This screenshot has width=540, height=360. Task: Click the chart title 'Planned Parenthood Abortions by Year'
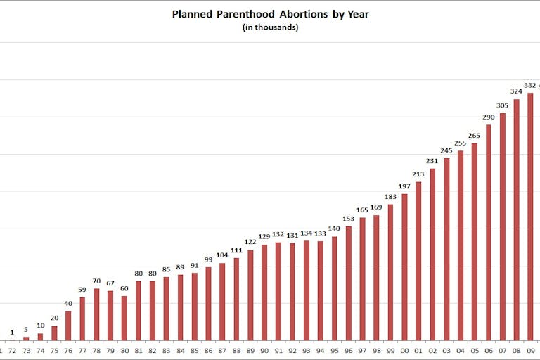coord(270,14)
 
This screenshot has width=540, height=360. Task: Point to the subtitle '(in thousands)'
coord(270,27)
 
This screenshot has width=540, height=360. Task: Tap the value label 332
coord(530,85)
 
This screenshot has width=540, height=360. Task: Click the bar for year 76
coord(68,326)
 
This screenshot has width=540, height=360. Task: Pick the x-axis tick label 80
coord(124,349)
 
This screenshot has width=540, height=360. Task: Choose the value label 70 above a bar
coord(96,281)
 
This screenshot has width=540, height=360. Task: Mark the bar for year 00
coord(404,267)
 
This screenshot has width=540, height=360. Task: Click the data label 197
coord(404,186)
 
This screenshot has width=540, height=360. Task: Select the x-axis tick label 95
coord(335,349)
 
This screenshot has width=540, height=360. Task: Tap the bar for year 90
coord(264,292)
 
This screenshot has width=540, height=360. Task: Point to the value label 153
coord(349,219)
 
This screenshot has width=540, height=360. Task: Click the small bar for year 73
coord(26,338)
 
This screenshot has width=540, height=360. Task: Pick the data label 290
coord(489,117)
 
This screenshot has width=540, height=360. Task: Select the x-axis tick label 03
coord(446,349)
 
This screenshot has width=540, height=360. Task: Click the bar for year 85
coord(194,307)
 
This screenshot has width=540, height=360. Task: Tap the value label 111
coord(236,250)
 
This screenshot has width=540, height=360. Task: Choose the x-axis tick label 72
coord(12,349)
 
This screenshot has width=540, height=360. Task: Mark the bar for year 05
coord(475,242)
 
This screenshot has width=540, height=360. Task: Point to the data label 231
coord(432,160)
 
